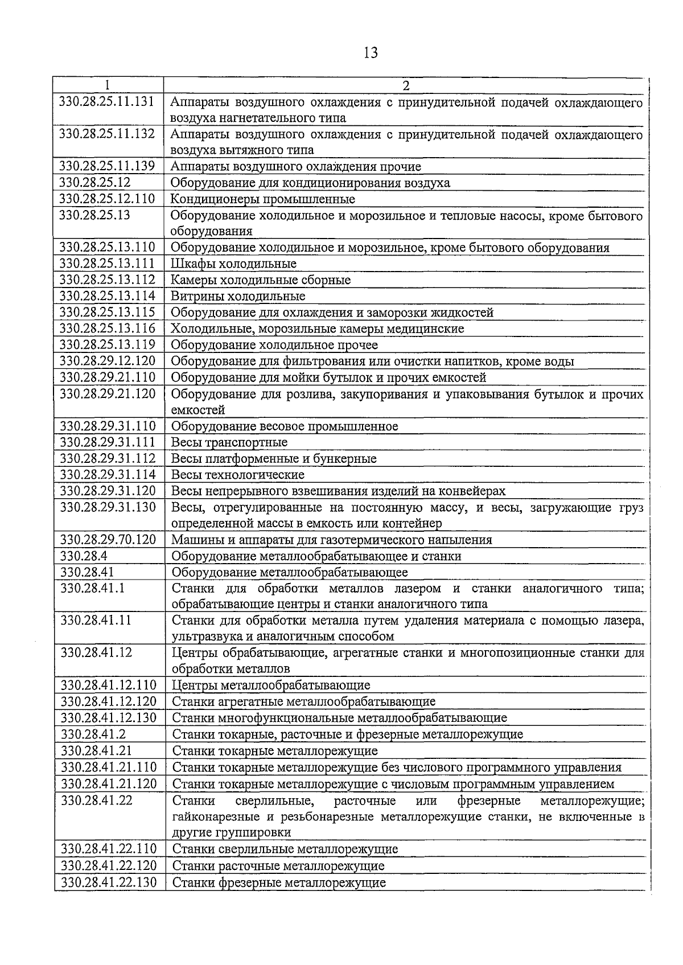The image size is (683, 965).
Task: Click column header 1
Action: tap(108, 86)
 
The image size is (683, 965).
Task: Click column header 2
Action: tap(406, 86)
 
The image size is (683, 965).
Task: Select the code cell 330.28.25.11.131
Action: tap(107, 102)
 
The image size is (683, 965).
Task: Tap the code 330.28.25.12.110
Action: tap(107, 199)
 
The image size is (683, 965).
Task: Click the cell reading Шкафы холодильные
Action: tap(233, 264)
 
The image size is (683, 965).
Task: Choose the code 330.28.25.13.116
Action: tap(107, 328)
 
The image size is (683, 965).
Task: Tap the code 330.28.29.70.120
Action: tap(108, 539)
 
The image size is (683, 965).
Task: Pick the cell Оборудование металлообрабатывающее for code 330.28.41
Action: tap(290, 572)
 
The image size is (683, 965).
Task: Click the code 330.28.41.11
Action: tap(96, 621)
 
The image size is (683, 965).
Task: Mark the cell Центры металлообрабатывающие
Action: tap(271, 685)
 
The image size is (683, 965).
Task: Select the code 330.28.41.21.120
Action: tap(108, 784)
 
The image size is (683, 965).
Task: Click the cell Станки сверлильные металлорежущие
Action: tap(285, 849)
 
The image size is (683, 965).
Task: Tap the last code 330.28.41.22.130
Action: tap(108, 882)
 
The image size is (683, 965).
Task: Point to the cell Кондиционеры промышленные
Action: tap(262, 199)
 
